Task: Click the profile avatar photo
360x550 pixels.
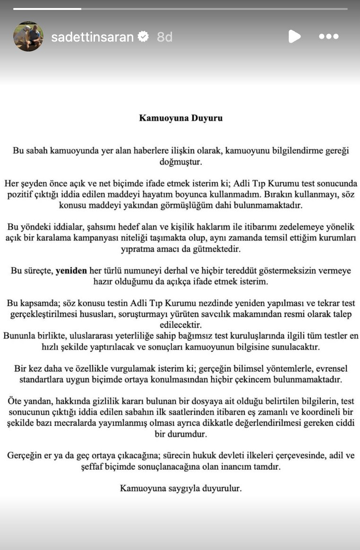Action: [28, 36]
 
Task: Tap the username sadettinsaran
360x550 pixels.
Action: [92, 37]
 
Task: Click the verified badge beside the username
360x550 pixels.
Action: [143, 36]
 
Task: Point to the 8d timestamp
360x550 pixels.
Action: [164, 37]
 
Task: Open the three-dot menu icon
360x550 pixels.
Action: [328, 36]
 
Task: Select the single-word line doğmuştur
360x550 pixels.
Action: [180, 162]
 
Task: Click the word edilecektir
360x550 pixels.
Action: [180, 325]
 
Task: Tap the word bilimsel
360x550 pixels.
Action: [248, 369]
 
